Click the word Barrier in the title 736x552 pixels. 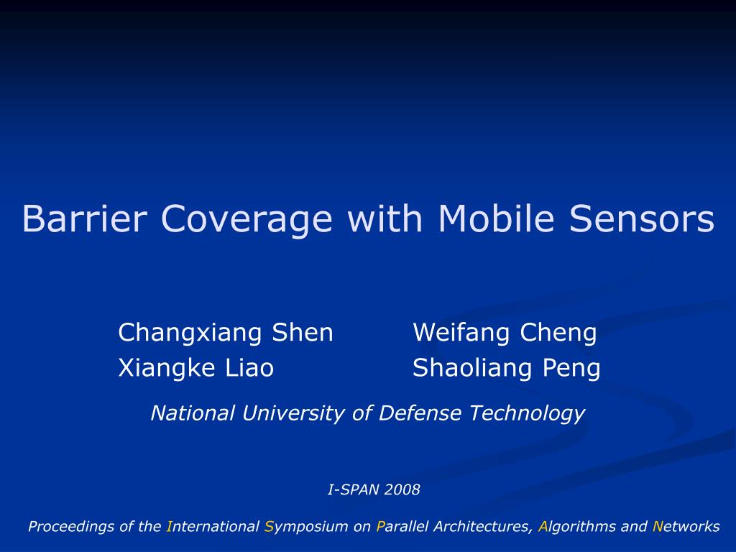click(85, 218)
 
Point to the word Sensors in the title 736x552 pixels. click(642, 219)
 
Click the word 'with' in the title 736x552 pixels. click(385, 218)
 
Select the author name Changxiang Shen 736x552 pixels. click(226, 333)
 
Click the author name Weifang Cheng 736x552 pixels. click(505, 333)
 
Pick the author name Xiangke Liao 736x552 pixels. click(196, 368)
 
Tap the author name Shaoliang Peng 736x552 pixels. click(507, 368)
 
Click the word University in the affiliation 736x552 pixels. click(293, 413)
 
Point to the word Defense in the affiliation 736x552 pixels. click(420, 413)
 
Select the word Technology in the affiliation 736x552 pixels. click(527, 414)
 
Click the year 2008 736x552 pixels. click(402, 490)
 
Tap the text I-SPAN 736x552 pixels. click(354, 490)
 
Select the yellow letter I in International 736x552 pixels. click(170, 526)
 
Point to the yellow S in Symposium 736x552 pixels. click(269, 526)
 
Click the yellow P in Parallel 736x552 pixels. click(380, 526)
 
